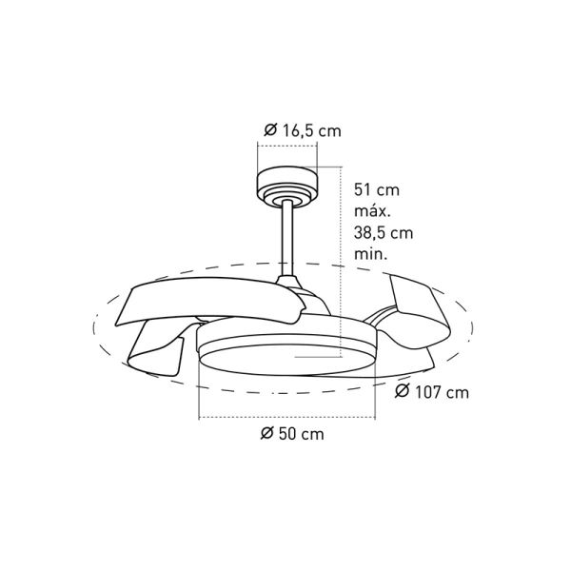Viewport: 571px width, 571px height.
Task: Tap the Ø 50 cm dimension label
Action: click(291, 435)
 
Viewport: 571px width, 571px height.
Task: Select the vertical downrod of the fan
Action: click(286, 238)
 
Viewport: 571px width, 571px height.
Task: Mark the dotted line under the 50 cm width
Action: click(285, 418)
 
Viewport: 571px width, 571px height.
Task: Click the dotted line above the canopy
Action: click(285, 146)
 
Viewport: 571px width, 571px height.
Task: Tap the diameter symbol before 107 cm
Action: click(402, 391)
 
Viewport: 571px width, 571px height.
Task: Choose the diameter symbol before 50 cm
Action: click(267, 435)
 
